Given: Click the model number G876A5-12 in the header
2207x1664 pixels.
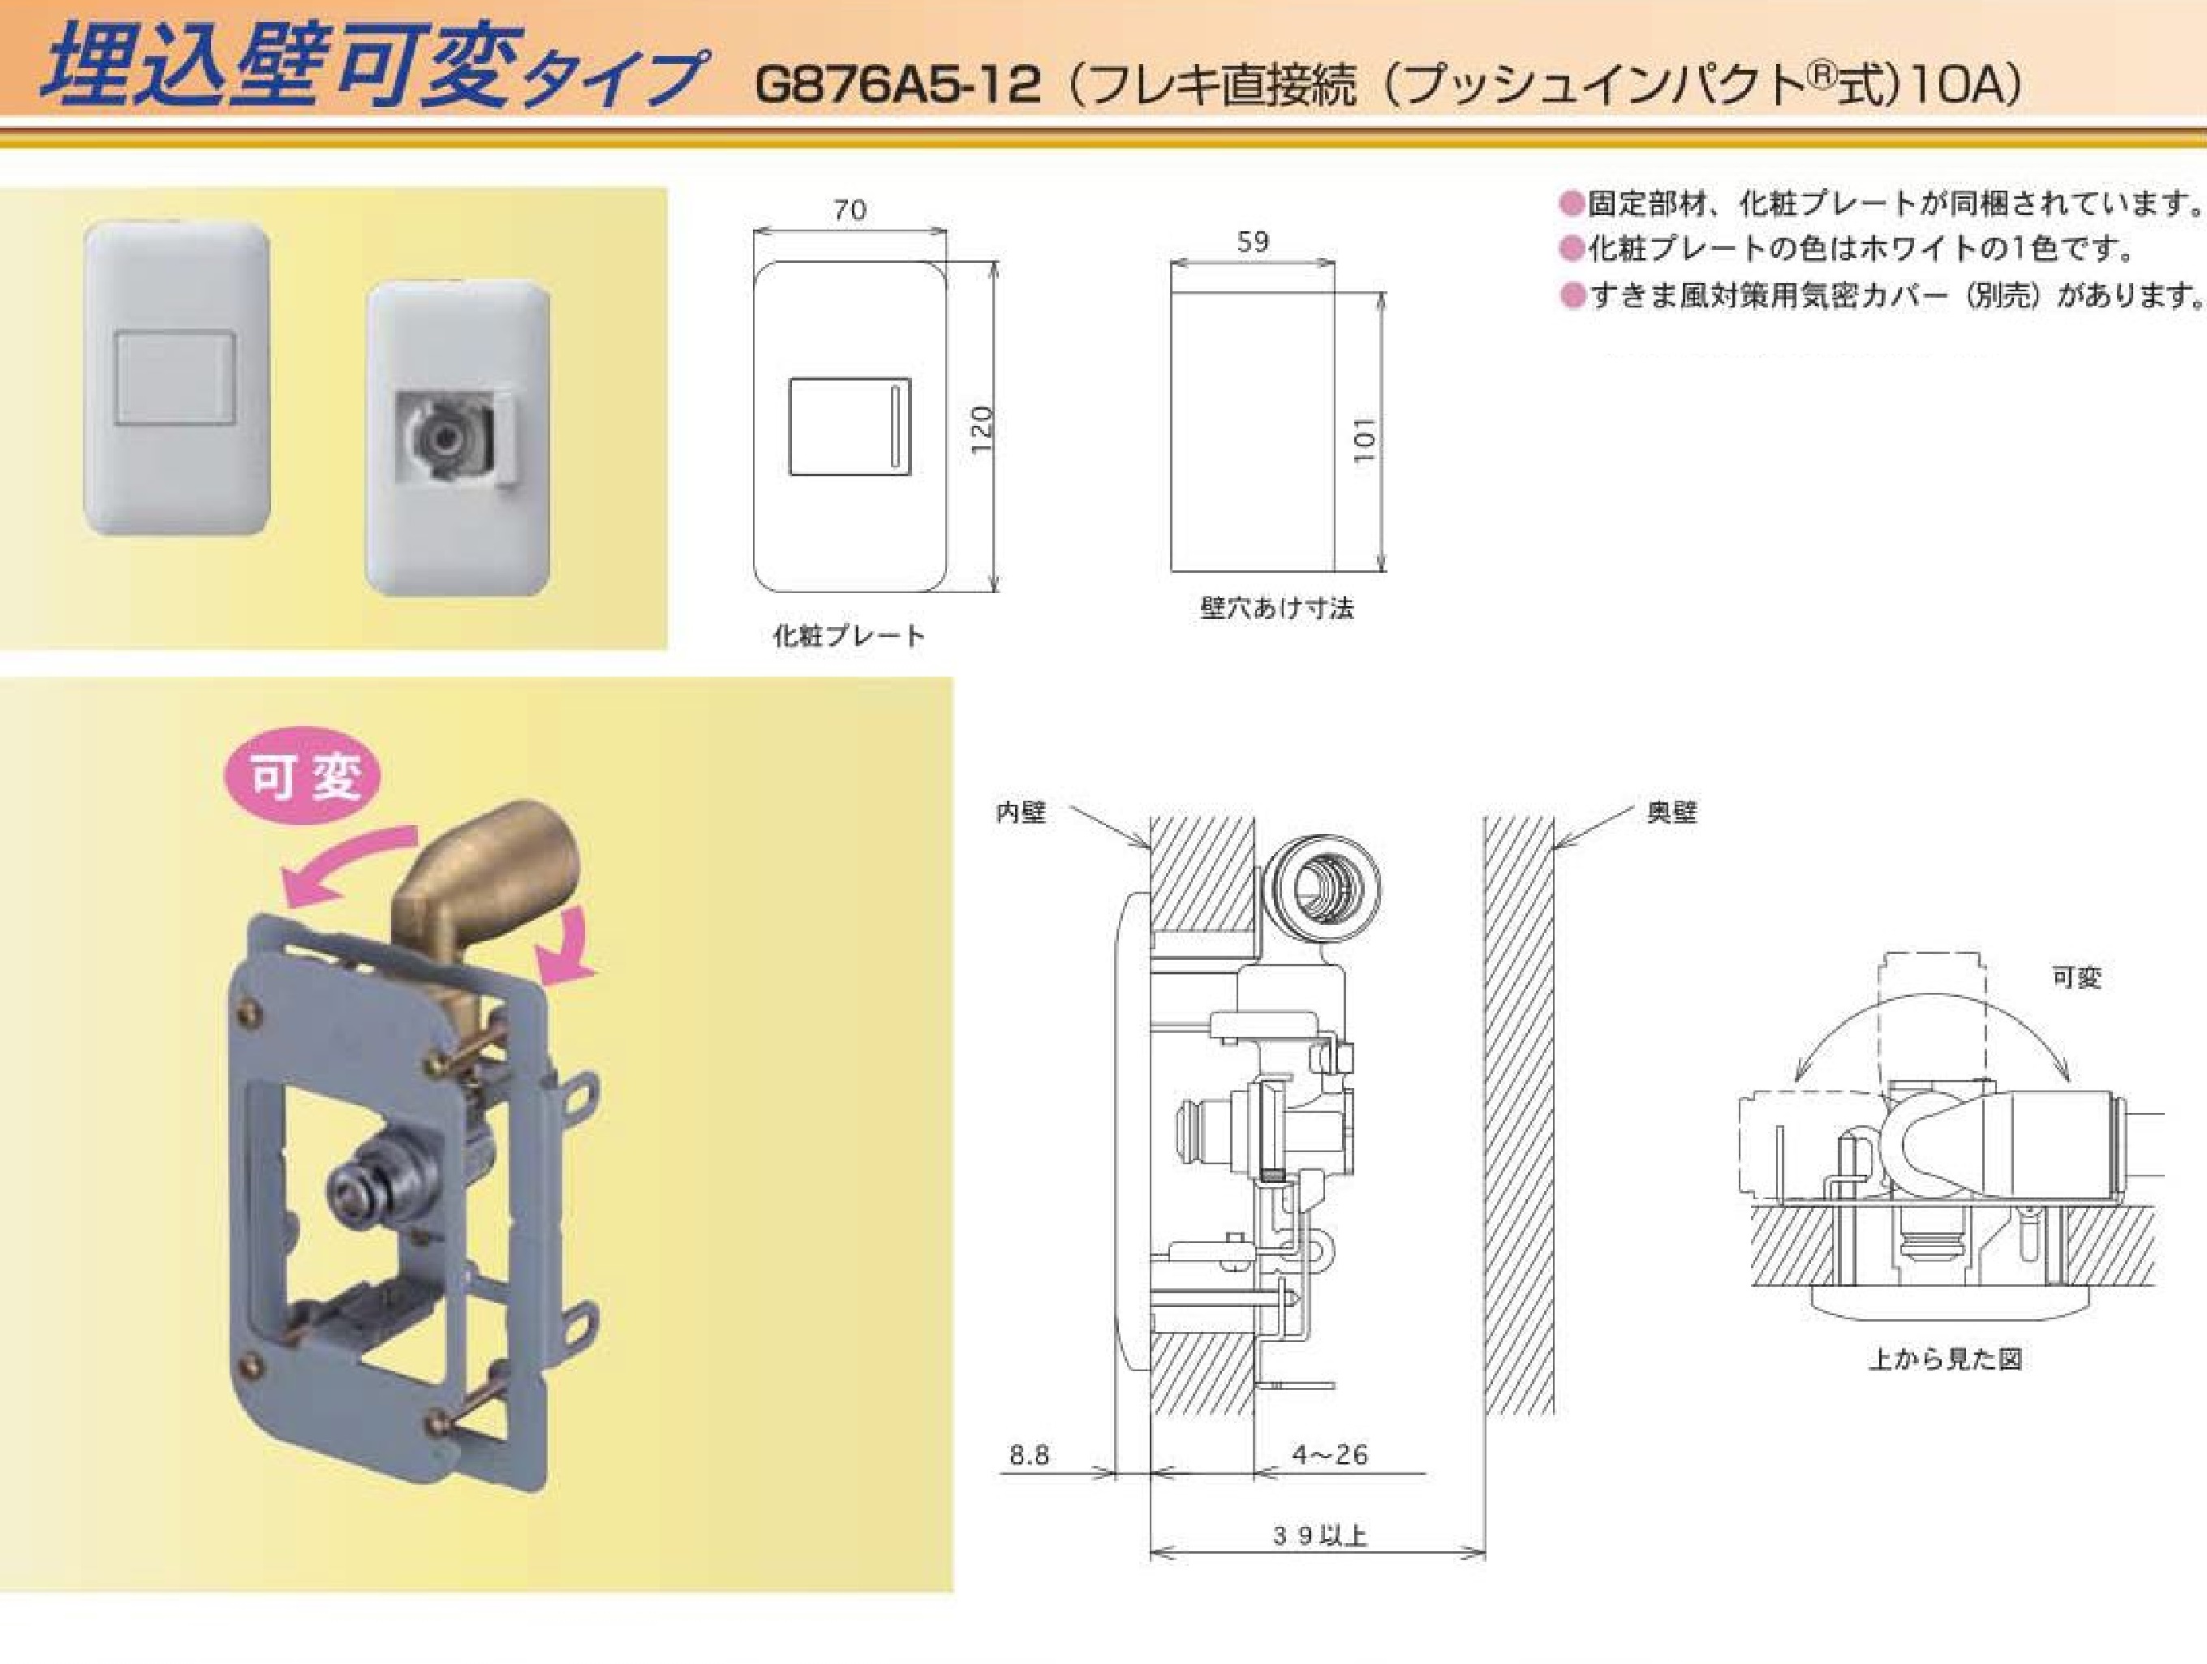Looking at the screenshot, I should point(898,85).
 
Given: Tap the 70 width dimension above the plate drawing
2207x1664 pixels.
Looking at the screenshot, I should point(850,210).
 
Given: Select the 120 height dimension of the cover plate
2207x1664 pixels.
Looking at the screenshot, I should point(983,429).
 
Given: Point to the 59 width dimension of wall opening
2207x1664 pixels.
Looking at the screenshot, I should point(1253,242).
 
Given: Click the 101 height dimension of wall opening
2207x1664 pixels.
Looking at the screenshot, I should point(1364,439).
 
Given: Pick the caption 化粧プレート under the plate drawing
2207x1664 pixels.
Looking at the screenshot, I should point(849,635).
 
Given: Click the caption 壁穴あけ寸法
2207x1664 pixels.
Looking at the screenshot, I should point(1277,608).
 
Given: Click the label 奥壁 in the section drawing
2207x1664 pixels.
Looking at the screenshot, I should point(1672,813).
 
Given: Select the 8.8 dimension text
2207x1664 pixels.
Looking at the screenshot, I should point(1029,1455).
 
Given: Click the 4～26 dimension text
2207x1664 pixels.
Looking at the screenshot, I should point(1330,1455).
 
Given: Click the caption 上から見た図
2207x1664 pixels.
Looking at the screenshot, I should point(1945,1359).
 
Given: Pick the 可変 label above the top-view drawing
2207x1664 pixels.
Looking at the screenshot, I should point(2076,978).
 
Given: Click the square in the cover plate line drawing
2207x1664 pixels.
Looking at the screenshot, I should point(849,426).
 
